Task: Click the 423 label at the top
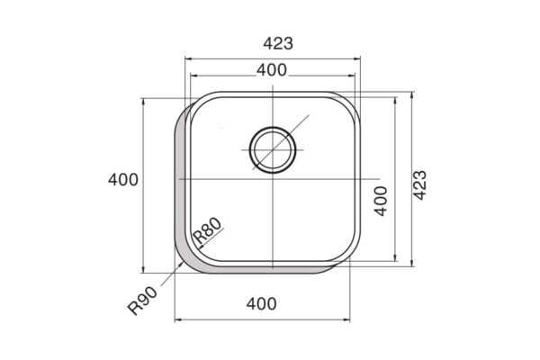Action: coord(278,43)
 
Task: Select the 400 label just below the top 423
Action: coord(272,70)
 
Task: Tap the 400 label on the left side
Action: coord(123,180)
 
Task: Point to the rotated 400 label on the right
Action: coord(381,202)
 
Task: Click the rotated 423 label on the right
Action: coord(419,185)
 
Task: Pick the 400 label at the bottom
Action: coord(261,304)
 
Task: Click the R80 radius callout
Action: coord(207,230)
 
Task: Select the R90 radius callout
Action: coord(142,301)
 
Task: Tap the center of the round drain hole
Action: coord(273,150)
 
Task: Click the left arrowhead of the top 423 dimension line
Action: coord(188,58)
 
